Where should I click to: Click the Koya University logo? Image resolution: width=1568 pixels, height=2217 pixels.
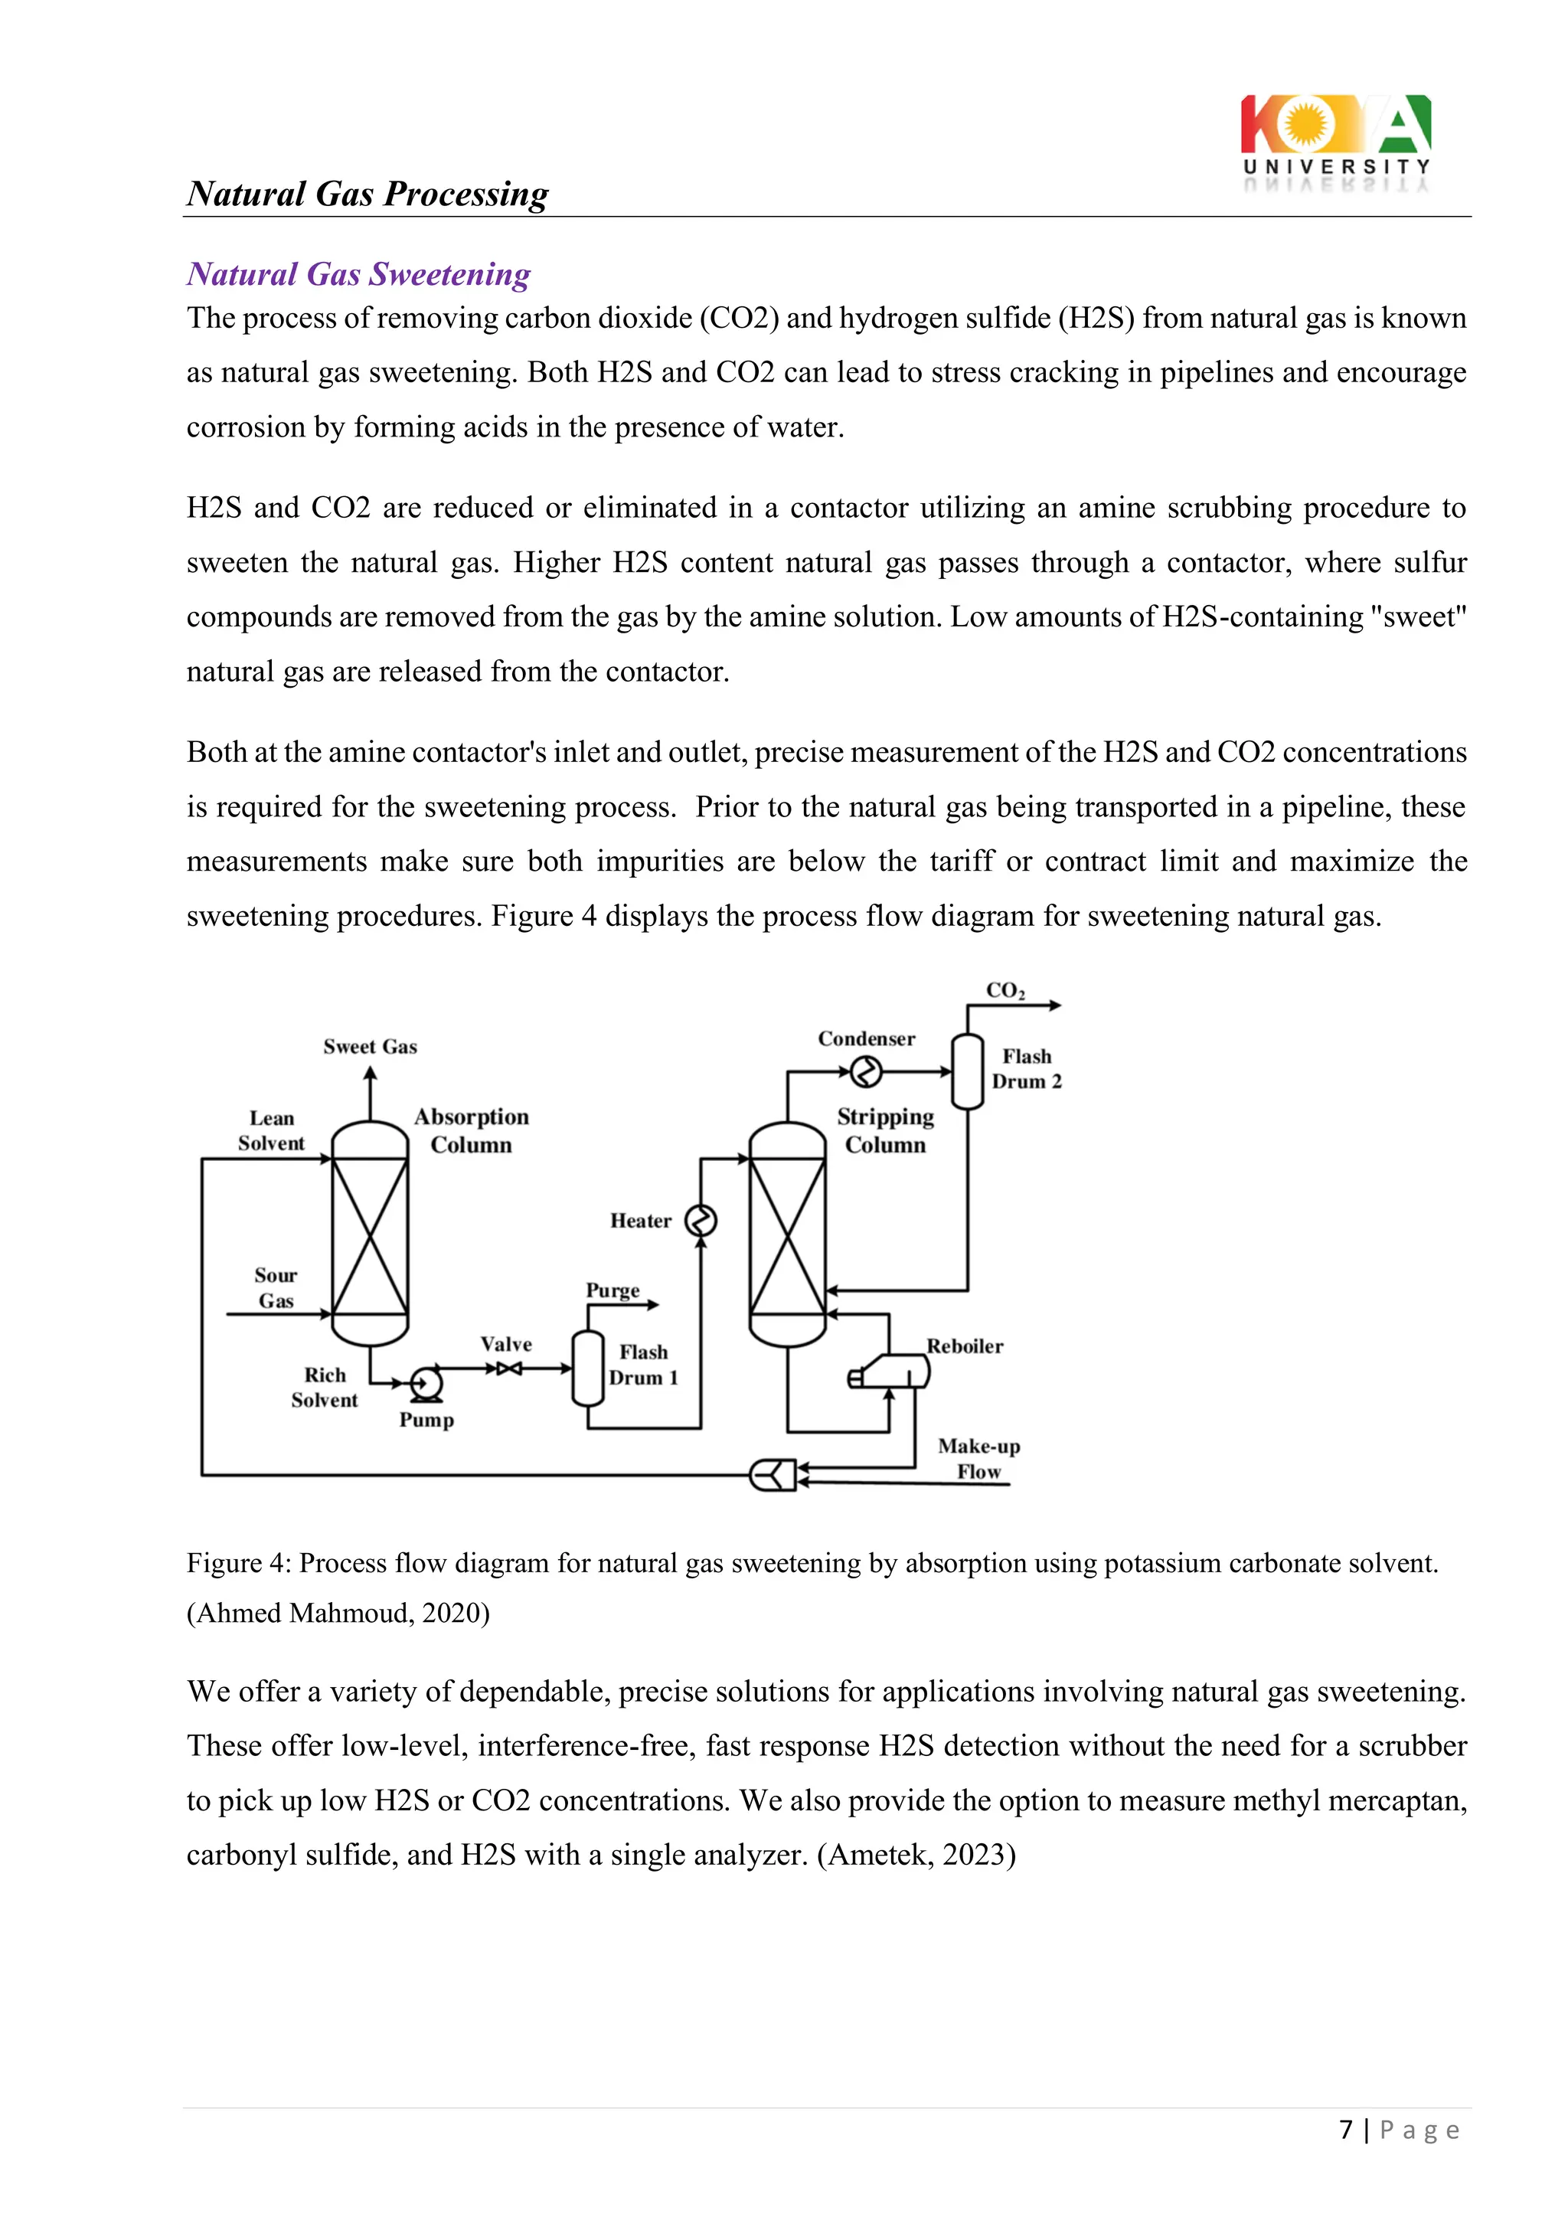[x=1335, y=140]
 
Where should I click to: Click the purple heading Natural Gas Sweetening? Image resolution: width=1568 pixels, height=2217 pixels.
[x=358, y=274]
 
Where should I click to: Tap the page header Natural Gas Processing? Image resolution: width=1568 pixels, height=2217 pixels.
[x=367, y=194]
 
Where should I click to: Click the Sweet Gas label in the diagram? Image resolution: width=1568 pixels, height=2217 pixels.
[x=370, y=1047]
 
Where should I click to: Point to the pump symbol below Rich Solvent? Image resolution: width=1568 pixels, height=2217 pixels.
[x=425, y=1383]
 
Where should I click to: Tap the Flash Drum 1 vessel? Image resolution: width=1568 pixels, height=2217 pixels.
[x=587, y=1368]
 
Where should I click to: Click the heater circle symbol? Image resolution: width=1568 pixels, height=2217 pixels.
[x=701, y=1221]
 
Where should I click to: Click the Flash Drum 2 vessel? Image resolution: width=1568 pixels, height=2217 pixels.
[x=968, y=1072]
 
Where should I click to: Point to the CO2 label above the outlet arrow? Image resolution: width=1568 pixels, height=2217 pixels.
[x=1005, y=991]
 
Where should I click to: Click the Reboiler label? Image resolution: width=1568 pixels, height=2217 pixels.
[x=965, y=1346]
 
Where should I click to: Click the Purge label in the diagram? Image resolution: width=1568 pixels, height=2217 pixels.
[x=612, y=1291]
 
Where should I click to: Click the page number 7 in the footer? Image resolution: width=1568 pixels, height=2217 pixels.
[x=1346, y=2129]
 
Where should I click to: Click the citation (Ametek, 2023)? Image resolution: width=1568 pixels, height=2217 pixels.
[x=916, y=1855]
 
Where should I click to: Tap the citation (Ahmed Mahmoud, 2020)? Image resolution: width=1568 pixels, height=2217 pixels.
[x=338, y=1613]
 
